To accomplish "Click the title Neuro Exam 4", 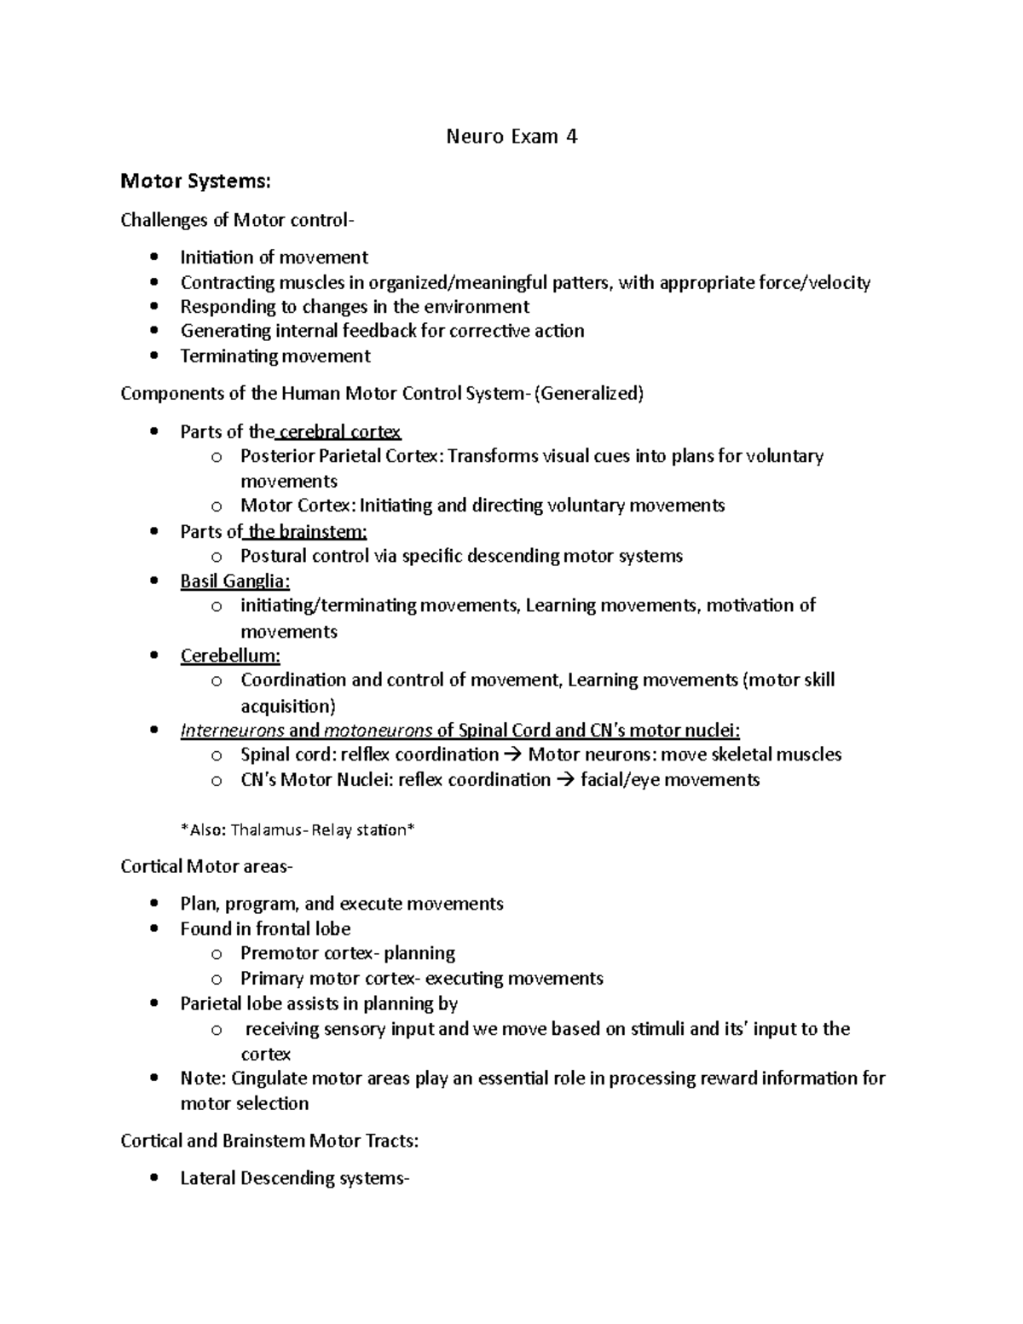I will pyautogui.click(x=511, y=136).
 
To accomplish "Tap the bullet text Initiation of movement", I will pyautogui.click(x=274, y=257).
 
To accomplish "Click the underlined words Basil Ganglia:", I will pyautogui.click(x=235, y=581).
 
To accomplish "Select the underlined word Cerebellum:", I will pyautogui.click(x=230, y=656).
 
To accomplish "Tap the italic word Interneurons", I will pyautogui.click(x=233, y=731).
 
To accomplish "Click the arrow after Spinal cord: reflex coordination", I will pyautogui.click(x=513, y=755).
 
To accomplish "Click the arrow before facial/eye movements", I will pyautogui.click(x=565, y=780).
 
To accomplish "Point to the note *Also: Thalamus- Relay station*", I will pyautogui.click(x=298, y=830).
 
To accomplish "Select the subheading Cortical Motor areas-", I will pyautogui.click(x=206, y=867).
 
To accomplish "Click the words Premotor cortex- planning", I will pyautogui.click(x=348, y=953).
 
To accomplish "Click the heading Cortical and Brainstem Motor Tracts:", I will pyautogui.click(x=269, y=1141).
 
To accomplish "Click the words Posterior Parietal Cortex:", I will pyautogui.click(x=342, y=456).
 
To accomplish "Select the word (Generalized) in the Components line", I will pyautogui.click(x=588, y=394).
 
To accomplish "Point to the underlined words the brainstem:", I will pyautogui.click(x=307, y=532).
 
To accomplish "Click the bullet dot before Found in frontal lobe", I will pyautogui.click(x=153, y=928).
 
